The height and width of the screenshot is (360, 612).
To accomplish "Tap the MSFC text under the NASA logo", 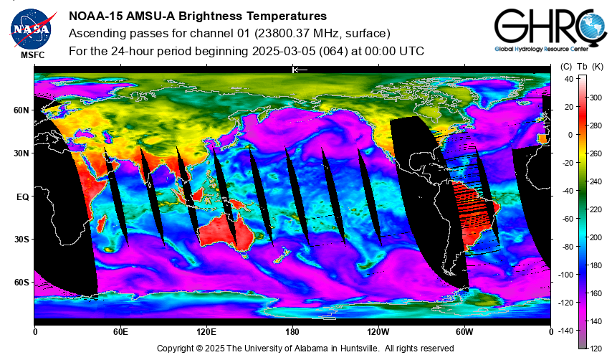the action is [33, 55].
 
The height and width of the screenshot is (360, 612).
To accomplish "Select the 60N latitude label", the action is [21, 110].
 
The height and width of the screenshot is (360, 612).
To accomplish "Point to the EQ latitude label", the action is [23, 196].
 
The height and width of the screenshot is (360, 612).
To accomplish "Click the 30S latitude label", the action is [21, 240].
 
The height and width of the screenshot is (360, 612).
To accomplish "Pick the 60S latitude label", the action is [21, 283].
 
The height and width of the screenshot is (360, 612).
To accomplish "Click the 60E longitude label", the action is [120, 332].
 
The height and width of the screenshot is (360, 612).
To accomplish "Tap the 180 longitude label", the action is [292, 332].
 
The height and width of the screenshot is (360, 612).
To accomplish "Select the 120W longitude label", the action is [378, 332].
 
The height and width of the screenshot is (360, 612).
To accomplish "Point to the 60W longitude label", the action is [464, 332].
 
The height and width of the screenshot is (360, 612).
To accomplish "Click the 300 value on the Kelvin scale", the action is [596, 98].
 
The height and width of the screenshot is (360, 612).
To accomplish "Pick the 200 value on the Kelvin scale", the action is [596, 237].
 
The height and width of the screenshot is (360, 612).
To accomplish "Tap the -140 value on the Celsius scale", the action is [565, 331].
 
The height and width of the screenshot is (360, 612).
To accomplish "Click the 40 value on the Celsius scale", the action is [569, 79].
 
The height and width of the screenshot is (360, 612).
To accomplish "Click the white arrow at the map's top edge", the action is [300, 70].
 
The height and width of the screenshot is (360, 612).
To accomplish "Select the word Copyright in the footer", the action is [176, 349].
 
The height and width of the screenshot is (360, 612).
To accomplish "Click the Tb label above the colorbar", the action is [582, 67].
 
